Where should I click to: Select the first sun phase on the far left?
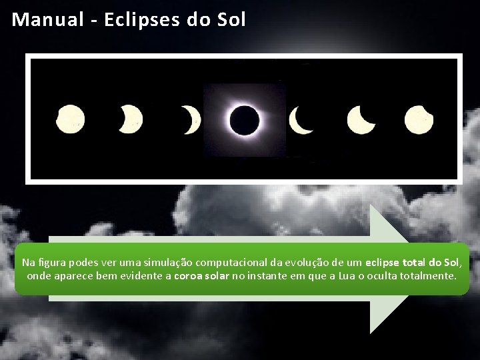coord(70,119)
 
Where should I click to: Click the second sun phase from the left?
coord(131,119)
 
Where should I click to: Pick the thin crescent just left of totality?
coord(192,119)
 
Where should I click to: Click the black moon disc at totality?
coord(244,120)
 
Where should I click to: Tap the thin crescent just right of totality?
coord(301,120)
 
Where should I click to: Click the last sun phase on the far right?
coord(419,119)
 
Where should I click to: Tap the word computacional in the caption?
coord(226,262)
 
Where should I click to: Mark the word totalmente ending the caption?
coord(427,275)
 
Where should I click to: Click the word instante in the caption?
coord(269,275)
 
